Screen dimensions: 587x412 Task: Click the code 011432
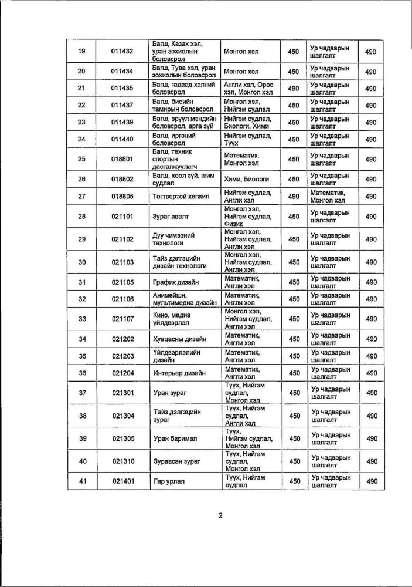(122, 52)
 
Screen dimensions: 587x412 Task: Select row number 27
(82, 197)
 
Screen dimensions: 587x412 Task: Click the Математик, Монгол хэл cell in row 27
(328, 197)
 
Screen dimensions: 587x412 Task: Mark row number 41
(82, 481)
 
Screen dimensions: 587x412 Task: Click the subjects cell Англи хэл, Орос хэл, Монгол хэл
(248, 88)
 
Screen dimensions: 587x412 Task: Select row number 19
(82, 52)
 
